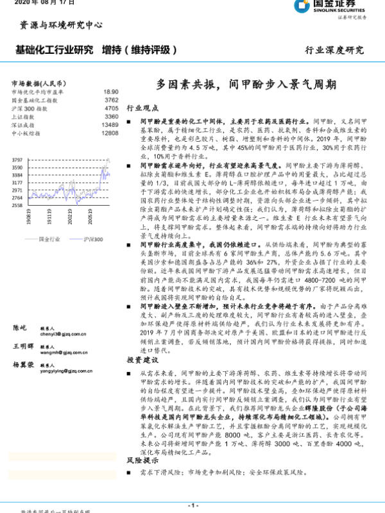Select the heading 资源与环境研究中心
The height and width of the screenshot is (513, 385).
pyautogui.click(x=61, y=26)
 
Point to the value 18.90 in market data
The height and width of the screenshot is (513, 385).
pyautogui.click(x=111, y=92)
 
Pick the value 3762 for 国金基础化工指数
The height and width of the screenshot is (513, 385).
pyautogui.click(x=111, y=100)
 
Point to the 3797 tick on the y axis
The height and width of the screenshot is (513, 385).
pyautogui.click(x=17, y=160)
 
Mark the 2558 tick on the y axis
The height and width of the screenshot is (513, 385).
pyautogui.click(x=17, y=205)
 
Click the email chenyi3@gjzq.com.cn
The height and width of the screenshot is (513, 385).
pyautogui.click(x=63, y=334)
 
